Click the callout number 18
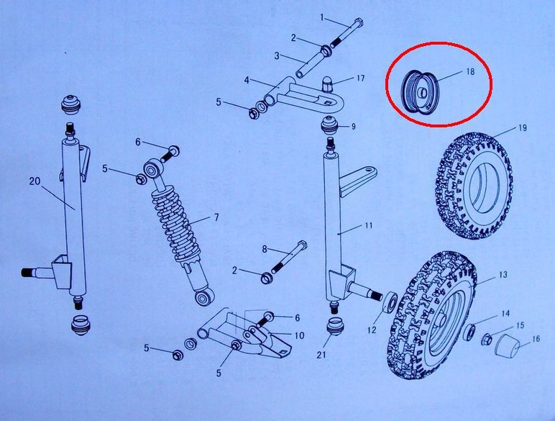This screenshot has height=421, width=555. click(x=470, y=71)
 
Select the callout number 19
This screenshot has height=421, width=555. click(x=523, y=127)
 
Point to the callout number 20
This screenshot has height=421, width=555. click(x=35, y=181)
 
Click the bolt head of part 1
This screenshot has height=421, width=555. click(x=357, y=24)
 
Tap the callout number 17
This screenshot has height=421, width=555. click(x=360, y=78)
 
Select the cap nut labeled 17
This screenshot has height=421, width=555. click(x=326, y=84)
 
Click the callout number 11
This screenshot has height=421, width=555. click(x=369, y=225)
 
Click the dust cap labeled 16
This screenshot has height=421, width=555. click(x=507, y=344)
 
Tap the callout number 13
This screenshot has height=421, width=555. click(x=503, y=275)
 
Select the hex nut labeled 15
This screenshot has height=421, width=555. click(x=486, y=340)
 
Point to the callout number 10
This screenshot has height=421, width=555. click(x=300, y=335)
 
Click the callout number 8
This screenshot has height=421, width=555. click(x=265, y=249)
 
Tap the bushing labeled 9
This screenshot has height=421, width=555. click(x=329, y=127)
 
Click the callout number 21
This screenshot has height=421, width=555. click(x=321, y=354)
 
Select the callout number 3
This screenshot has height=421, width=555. click(x=277, y=55)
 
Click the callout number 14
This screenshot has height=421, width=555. click(x=505, y=313)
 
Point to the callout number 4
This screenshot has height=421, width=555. click(x=247, y=80)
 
